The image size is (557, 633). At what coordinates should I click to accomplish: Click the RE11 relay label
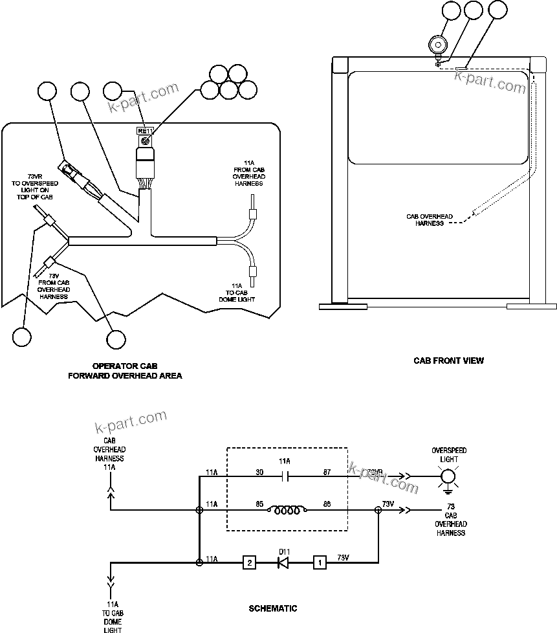coord(145,131)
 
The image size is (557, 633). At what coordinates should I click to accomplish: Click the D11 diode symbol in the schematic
coord(283,562)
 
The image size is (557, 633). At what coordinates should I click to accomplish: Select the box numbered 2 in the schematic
coord(248,562)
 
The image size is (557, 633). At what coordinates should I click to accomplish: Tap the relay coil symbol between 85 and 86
coord(286,511)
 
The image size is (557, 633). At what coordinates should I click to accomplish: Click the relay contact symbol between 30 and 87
coord(286,478)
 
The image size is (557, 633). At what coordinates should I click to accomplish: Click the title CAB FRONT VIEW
coord(448,361)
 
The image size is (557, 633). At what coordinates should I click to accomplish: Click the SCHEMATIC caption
coord(273,608)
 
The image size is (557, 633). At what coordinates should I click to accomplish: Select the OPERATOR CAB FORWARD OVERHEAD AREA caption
coord(125,371)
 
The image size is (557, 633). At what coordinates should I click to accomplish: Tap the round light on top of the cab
coord(439,45)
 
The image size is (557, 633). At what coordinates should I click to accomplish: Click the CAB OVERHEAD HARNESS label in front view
coord(429,220)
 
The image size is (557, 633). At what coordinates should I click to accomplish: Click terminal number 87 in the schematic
coord(327,472)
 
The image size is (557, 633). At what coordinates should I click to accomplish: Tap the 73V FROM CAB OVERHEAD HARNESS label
coord(54,286)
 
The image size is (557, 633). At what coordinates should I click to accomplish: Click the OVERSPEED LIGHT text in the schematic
coord(448,454)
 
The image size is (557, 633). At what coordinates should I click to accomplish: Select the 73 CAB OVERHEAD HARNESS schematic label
coord(450,524)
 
